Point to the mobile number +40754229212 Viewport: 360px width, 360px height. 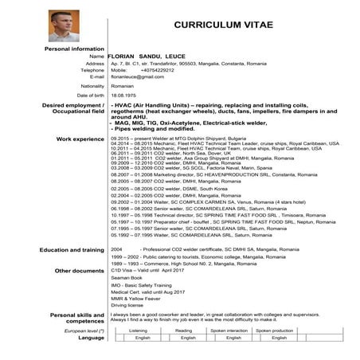coord(159,69)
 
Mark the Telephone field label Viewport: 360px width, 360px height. coord(92,69)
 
